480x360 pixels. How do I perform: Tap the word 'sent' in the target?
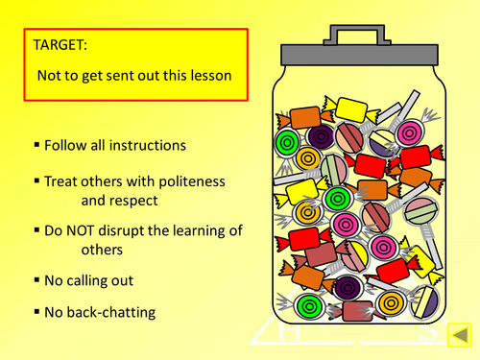(118, 74)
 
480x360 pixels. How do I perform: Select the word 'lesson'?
(207, 74)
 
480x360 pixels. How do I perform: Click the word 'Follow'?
(66, 146)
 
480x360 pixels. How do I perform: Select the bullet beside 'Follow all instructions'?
(36, 145)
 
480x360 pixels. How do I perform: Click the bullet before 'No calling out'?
(36, 279)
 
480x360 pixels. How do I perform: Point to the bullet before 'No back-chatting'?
(36, 311)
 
